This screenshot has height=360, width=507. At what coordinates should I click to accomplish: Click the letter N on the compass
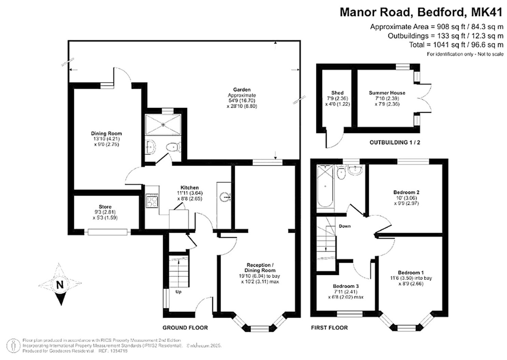60,285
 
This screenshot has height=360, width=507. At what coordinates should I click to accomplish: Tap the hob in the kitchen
152,201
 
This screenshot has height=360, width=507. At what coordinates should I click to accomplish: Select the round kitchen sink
224,197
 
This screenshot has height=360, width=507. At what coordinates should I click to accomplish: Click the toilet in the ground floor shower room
173,147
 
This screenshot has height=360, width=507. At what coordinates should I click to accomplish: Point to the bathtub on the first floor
325,186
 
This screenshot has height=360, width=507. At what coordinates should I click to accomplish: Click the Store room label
105,207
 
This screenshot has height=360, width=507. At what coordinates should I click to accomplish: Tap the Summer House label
387,93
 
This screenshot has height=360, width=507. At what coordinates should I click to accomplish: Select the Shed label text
337,93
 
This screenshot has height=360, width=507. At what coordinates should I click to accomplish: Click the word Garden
242,90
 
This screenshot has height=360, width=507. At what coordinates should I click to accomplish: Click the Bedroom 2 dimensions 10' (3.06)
406,198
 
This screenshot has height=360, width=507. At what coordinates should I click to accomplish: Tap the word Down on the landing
345,226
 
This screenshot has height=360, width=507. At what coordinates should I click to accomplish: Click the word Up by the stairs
178,292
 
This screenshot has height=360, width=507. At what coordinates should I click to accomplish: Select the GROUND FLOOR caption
185,328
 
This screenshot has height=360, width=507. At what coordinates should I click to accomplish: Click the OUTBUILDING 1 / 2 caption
395,142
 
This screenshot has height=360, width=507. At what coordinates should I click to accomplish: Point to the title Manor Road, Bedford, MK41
421,12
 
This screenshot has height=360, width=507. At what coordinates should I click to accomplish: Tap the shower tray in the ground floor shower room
163,124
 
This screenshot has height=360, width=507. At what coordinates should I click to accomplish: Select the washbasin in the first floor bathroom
355,170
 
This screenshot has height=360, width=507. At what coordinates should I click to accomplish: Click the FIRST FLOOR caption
329,328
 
